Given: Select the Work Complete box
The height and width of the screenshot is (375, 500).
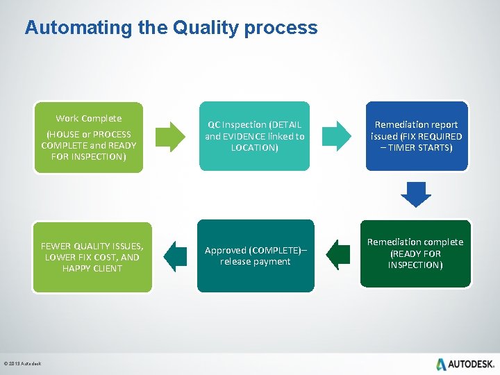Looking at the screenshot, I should (x=89, y=137).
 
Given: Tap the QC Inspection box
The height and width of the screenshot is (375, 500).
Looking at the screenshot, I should (x=255, y=136).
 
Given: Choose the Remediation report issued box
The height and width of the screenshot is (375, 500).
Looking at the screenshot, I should (x=416, y=136).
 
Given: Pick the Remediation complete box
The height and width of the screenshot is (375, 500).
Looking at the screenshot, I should (x=415, y=253).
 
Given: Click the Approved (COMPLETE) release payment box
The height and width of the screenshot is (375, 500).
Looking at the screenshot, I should (x=255, y=256).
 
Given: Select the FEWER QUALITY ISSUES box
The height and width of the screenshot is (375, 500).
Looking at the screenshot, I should (x=92, y=257).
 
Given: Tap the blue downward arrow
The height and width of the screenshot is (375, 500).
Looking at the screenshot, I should (x=416, y=194).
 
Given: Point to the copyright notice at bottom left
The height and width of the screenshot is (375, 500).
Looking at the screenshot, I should (x=22, y=364).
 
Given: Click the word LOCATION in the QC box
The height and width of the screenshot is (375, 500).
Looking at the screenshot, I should (x=254, y=148).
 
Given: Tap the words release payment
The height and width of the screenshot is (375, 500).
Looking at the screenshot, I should (x=255, y=262).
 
